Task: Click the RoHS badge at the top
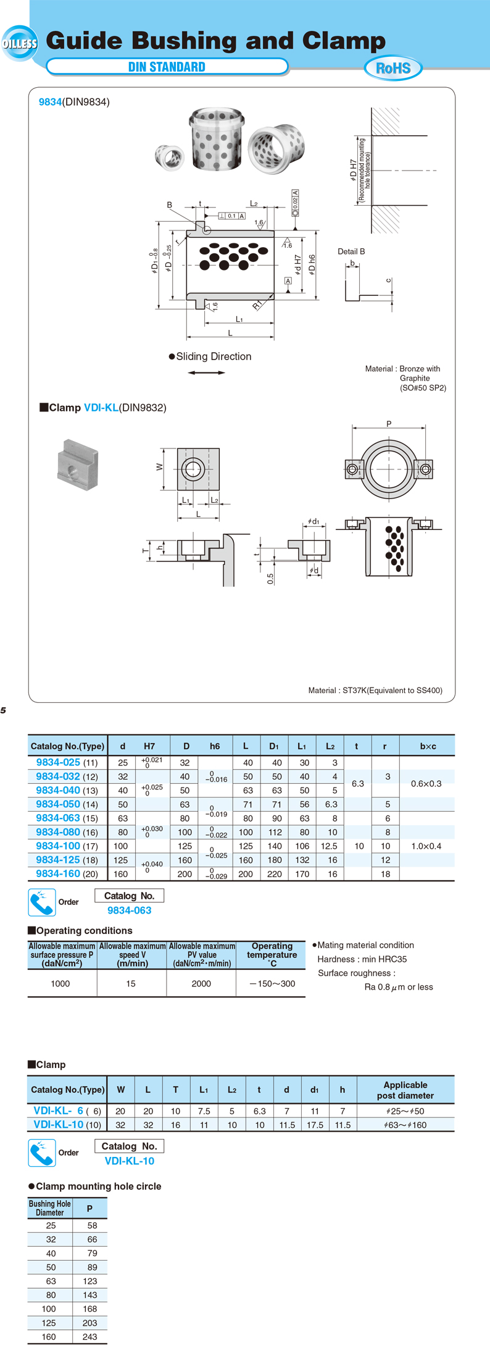pyautogui.click(x=393, y=68)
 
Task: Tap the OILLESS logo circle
pyautogui.click(x=20, y=43)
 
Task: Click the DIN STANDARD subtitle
pyautogui.click(x=167, y=67)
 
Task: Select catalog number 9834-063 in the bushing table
pyautogui.click(x=58, y=818)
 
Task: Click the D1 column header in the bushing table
pyautogui.click(x=274, y=746)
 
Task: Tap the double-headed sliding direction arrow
pyautogui.click(x=207, y=372)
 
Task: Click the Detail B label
pyautogui.click(x=351, y=251)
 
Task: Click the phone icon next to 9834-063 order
pyautogui.click(x=42, y=902)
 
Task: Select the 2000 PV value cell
pyautogui.click(x=201, y=983)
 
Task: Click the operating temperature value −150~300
pyautogui.click(x=272, y=983)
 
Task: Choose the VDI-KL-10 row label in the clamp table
pyautogui.click(x=59, y=1124)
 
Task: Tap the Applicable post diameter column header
pyautogui.click(x=405, y=1090)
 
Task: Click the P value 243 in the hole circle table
pyautogui.click(x=90, y=1337)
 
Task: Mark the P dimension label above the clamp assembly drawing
pyautogui.click(x=389, y=424)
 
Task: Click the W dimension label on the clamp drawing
pyautogui.click(x=160, y=468)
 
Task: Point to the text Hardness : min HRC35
pyautogui.click(x=362, y=959)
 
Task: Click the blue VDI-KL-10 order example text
pyautogui.click(x=130, y=1161)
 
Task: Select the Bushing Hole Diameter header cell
pyautogui.click(x=50, y=1208)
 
